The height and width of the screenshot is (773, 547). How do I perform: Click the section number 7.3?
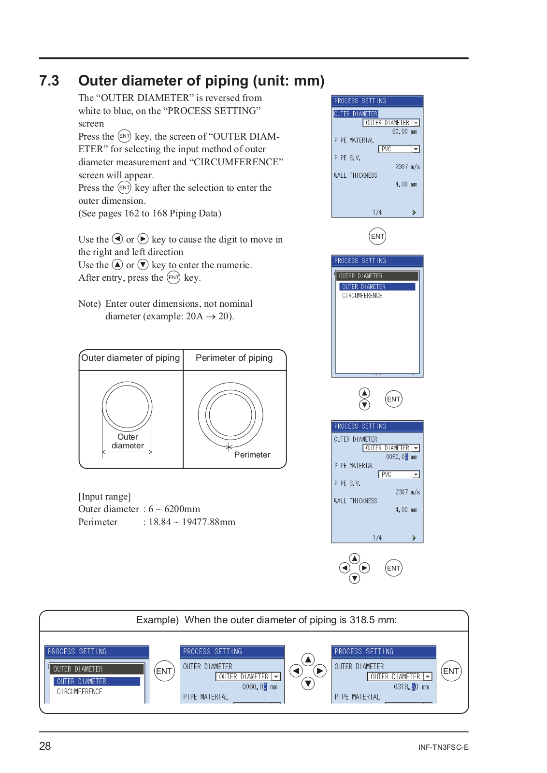(x=49, y=81)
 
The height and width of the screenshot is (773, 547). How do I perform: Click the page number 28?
(x=45, y=746)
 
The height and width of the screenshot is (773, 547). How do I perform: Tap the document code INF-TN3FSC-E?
(x=443, y=747)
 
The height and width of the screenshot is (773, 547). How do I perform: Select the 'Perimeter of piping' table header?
(x=234, y=358)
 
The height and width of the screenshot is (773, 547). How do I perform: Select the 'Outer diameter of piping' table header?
(x=130, y=358)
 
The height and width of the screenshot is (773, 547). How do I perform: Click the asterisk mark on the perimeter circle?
(x=229, y=447)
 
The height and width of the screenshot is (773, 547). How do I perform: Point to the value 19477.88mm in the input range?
(x=208, y=522)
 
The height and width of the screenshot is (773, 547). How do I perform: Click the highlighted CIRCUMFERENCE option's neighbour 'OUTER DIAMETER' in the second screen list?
(x=363, y=287)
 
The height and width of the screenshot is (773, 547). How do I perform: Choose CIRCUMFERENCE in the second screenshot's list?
(x=362, y=296)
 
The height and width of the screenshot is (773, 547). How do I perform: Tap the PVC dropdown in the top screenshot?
(x=399, y=149)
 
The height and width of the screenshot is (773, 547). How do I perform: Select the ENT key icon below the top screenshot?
(x=377, y=236)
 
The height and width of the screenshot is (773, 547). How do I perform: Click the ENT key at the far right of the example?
(x=451, y=671)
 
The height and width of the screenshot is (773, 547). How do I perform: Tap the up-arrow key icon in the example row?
(x=308, y=659)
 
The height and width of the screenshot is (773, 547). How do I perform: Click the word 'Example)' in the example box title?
(x=158, y=620)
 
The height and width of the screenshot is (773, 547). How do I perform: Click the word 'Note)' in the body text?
(x=89, y=304)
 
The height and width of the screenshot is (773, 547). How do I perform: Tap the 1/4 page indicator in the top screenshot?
(x=377, y=213)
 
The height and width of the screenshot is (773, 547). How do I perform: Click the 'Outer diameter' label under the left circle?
(x=128, y=441)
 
